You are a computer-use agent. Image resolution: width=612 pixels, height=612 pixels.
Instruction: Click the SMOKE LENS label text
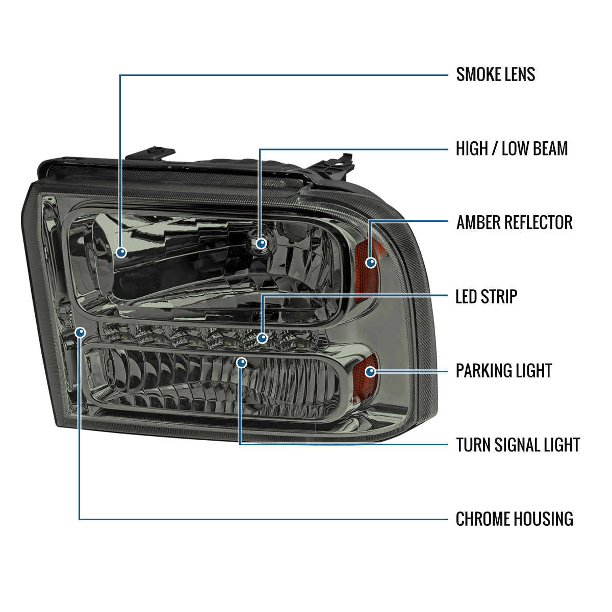(x=495, y=74)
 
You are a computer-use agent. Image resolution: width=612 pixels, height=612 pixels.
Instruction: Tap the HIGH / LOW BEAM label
(x=512, y=149)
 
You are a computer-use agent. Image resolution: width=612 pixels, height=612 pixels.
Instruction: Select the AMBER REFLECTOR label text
(x=514, y=222)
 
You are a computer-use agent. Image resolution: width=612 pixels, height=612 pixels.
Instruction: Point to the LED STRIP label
(x=486, y=296)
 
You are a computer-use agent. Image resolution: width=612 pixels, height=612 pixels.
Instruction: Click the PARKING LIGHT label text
(x=503, y=371)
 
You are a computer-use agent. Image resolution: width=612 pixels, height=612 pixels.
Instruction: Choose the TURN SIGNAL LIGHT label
(x=518, y=445)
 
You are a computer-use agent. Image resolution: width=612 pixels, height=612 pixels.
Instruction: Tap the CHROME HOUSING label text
(x=514, y=519)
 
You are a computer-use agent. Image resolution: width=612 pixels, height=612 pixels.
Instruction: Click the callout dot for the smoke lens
(x=121, y=252)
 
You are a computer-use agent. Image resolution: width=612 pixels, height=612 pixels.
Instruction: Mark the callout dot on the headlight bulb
(x=261, y=244)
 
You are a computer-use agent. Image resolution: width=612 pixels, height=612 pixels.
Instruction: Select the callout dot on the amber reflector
(x=371, y=262)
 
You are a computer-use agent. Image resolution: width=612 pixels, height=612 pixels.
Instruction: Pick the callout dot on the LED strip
(x=262, y=338)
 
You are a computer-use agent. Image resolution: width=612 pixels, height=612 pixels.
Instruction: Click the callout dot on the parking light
(x=371, y=372)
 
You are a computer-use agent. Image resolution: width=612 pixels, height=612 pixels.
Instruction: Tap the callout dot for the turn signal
(x=242, y=363)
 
